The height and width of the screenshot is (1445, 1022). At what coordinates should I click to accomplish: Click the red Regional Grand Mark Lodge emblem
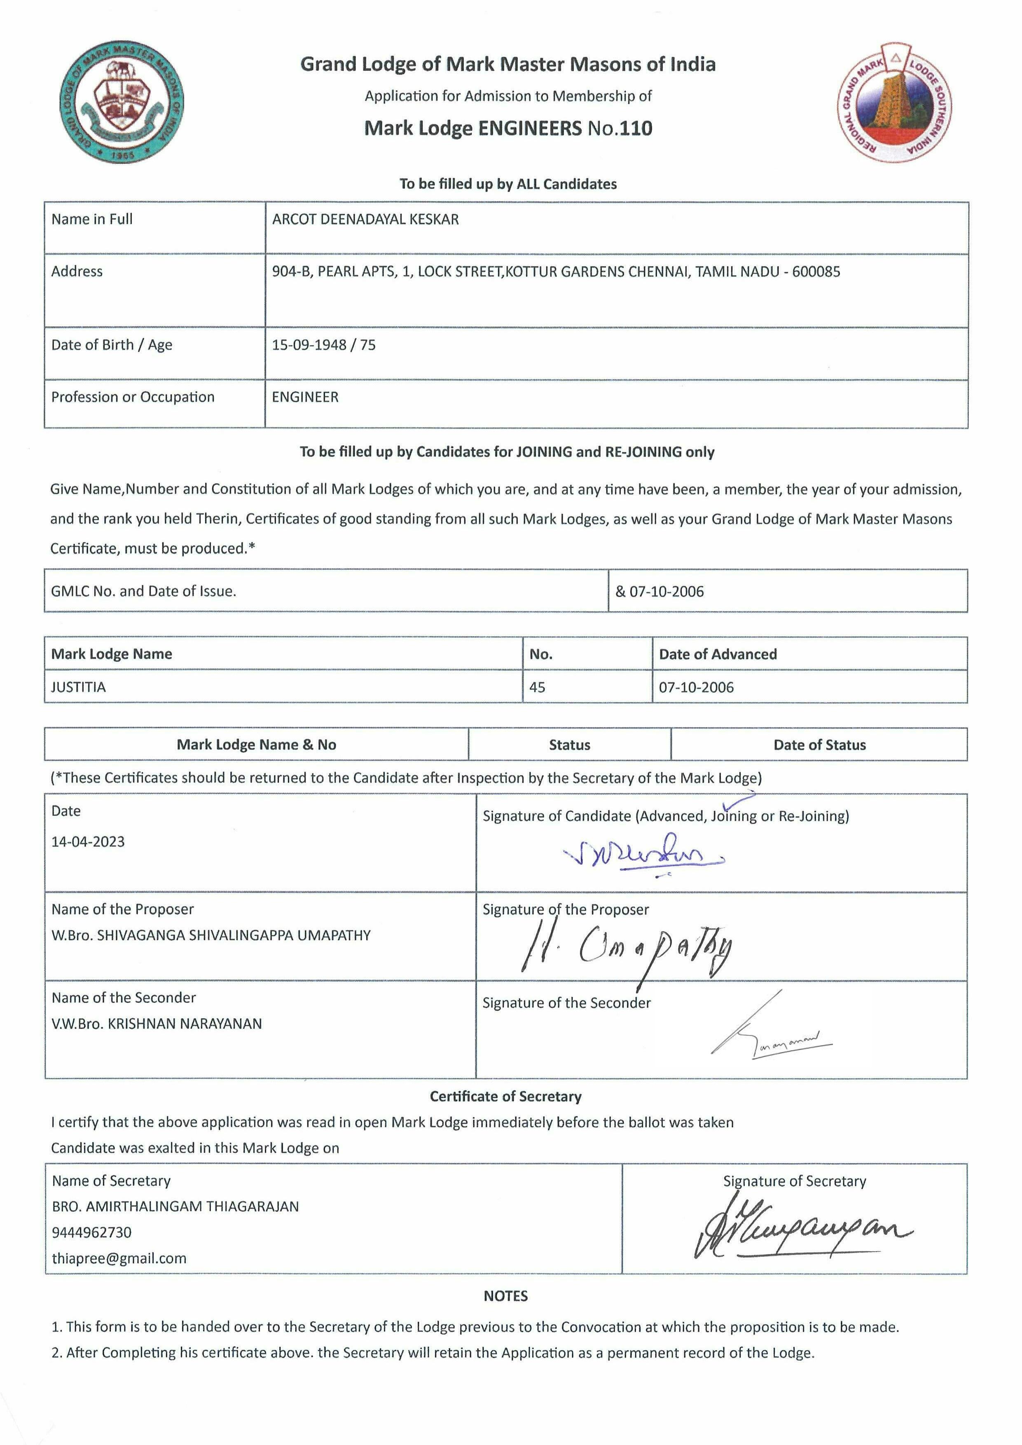894,103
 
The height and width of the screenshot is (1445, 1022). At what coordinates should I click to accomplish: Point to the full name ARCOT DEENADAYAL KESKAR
365,220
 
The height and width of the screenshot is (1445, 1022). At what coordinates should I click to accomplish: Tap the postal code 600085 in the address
816,272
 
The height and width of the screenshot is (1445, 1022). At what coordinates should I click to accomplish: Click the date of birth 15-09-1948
309,345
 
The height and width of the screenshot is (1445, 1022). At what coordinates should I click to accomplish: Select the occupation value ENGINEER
305,397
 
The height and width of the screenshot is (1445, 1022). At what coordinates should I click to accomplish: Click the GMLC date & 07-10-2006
660,592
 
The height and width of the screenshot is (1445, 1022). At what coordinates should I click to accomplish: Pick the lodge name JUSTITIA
79,687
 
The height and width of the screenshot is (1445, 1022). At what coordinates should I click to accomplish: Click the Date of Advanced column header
718,655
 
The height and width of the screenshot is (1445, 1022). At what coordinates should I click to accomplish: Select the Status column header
570,745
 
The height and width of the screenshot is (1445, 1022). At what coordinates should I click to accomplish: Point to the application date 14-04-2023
88,842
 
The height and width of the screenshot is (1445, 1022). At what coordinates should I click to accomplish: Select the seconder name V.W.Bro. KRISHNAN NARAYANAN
157,1024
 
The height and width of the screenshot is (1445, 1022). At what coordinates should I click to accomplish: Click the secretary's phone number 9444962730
92,1232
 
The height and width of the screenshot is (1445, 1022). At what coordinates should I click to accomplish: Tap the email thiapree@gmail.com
119,1258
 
